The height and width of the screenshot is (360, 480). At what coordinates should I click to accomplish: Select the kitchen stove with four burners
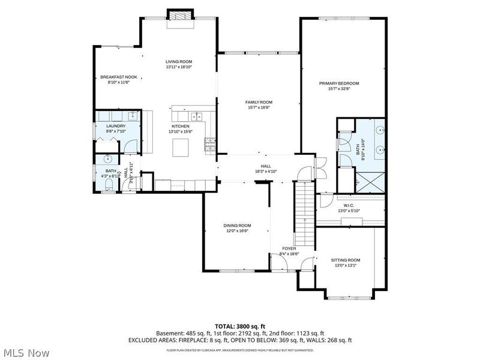[x=210, y=143]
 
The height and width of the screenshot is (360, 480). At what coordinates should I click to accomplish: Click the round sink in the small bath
[x=108, y=160]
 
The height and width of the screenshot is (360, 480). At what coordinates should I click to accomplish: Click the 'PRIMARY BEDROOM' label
[x=343, y=83]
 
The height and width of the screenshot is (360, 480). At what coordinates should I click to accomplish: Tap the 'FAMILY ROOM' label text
[x=259, y=102]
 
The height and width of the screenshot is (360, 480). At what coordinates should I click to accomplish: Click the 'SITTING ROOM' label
[x=346, y=260]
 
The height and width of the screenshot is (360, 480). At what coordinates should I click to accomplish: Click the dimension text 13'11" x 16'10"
[x=179, y=67]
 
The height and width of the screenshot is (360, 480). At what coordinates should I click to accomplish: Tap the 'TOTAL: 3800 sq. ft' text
[x=240, y=325]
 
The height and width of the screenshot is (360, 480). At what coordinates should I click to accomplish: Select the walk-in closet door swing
[x=326, y=201]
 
